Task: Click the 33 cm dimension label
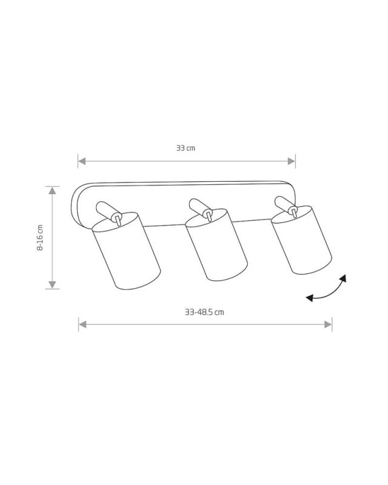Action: (186, 148)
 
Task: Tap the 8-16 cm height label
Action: (40, 238)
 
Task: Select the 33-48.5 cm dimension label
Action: (204, 312)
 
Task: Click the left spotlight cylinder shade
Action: (126, 251)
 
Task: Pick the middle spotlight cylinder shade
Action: (216, 245)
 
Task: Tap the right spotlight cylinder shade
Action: (302, 240)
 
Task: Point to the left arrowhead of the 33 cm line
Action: (82, 161)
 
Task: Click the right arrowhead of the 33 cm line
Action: (292, 161)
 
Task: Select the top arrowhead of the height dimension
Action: (52, 190)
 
